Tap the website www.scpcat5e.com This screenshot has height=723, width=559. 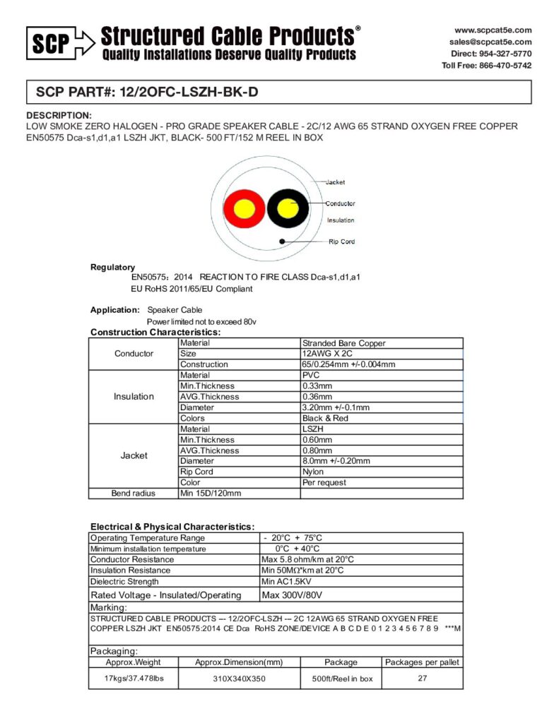[493, 30]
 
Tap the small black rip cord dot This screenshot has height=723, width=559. [283, 241]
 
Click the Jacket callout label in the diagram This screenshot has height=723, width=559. [335, 182]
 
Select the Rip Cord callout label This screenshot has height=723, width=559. [342, 241]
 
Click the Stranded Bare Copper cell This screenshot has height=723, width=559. [343, 343]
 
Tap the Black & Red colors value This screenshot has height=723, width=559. [325, 418]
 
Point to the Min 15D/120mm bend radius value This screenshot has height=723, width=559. [211, 493]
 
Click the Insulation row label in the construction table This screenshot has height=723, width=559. [134, 397]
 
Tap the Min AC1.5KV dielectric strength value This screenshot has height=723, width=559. [287, 582]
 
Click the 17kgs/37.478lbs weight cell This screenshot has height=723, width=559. [134, 679]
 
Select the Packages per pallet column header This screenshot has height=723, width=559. [422, 662]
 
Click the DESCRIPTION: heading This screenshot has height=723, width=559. [59, 115]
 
